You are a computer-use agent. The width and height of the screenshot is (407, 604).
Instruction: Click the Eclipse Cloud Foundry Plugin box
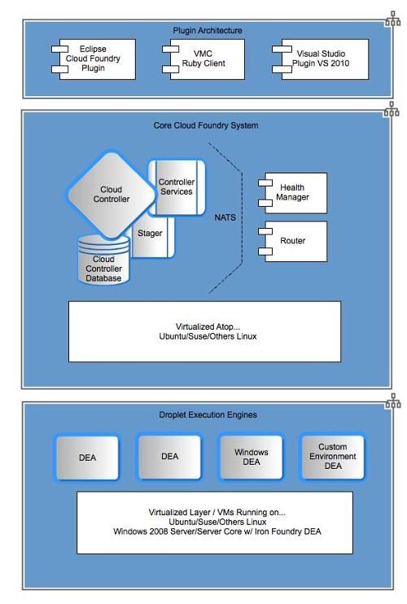[94, 59]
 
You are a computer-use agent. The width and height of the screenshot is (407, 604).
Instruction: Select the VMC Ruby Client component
[203, 59]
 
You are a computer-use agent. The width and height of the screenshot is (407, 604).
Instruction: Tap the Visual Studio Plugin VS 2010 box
[321, 59]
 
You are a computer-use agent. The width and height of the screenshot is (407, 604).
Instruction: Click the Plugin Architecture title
[207, 30]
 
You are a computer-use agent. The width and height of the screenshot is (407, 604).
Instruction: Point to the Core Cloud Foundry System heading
[206, 125]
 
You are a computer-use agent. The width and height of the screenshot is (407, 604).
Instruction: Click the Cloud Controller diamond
[112, 194]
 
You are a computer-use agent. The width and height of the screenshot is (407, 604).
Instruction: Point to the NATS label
[225, 217]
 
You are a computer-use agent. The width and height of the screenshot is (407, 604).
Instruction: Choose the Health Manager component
[293, 193]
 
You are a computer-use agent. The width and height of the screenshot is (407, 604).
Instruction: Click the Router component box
[293, 241]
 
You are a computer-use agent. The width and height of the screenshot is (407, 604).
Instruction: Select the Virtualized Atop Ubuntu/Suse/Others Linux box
[204, 331]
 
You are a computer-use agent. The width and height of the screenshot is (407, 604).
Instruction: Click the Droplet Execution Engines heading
[208, 415]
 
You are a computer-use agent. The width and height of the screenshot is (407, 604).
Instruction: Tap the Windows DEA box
[251, 457]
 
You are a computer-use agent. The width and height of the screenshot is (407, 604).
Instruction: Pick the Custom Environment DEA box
[333, 457]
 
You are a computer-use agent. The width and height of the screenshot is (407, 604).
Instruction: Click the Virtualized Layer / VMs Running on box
[215, 523]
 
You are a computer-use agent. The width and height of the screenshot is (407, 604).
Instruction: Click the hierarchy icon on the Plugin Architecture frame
[392, 19]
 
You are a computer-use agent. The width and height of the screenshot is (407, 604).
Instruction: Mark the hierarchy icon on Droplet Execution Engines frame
[392, 400]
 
